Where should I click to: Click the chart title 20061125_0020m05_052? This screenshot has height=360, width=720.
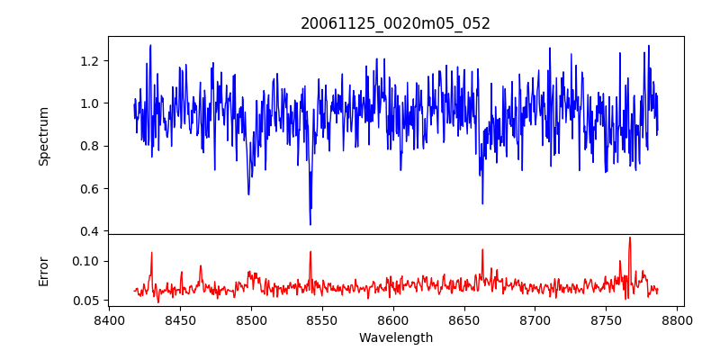[x=395, y=23]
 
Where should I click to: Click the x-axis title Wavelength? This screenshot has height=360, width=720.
[x=395, y=337]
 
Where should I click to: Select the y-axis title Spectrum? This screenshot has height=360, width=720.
[x=44, y=135]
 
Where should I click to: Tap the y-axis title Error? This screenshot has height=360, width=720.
[x=44, y=270]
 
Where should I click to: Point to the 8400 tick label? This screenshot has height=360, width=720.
[x=109, y=319]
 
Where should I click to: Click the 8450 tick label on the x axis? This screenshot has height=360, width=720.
[x=180, y=319]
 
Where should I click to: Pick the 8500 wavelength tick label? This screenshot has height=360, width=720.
[x=251, y=319]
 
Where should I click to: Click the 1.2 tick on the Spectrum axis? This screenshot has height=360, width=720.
[x=90, y=60]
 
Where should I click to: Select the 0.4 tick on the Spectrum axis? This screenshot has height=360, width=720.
[x=90, y=231]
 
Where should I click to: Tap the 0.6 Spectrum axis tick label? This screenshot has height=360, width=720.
[x=90, y=189]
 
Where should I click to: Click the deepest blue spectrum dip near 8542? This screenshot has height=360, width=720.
[x=310, y=224]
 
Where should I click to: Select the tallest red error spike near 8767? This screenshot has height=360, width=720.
[x=630, y=238]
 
